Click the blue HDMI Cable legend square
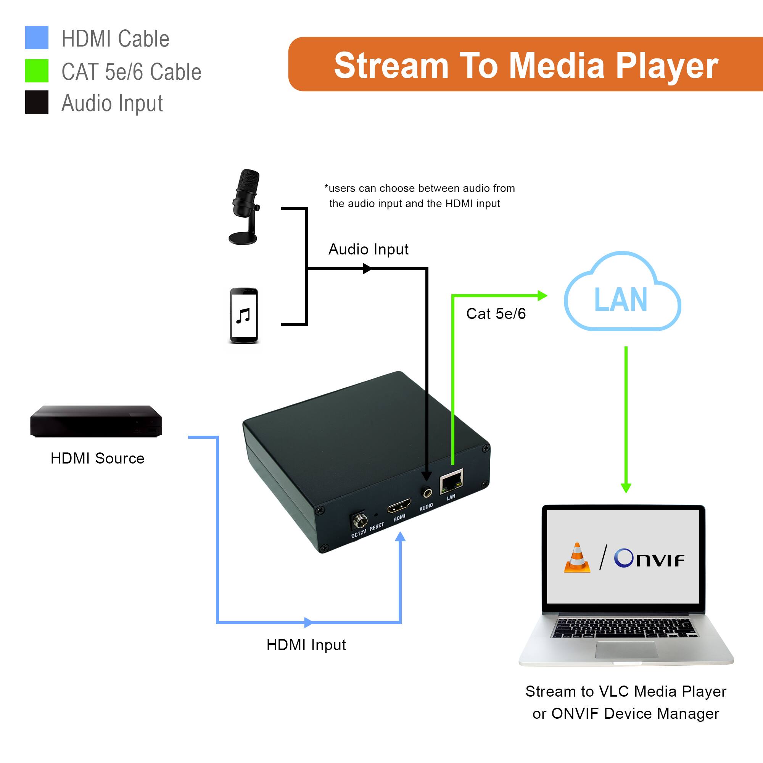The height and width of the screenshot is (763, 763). click(37, 37)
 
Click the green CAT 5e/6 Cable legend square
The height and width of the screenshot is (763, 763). click(37, 71)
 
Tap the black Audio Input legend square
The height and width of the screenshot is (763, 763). click(37, 102)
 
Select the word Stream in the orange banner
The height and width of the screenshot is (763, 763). click(391, 66)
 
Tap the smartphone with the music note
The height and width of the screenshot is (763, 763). click(244, 316)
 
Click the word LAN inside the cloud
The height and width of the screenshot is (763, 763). click(620, 300)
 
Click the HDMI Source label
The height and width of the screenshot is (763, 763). click(98, 459)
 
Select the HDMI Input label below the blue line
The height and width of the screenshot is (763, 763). click(306, 645)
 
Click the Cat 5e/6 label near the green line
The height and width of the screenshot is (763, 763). click(496, 314)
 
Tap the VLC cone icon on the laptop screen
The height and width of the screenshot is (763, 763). click(577, 558)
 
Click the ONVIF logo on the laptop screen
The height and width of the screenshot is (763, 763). click(649, 559)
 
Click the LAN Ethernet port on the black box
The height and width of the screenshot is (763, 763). click(451, 481)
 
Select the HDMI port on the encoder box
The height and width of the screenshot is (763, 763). click(399, 505)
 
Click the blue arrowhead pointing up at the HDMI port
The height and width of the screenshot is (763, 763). click(400, 537)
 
